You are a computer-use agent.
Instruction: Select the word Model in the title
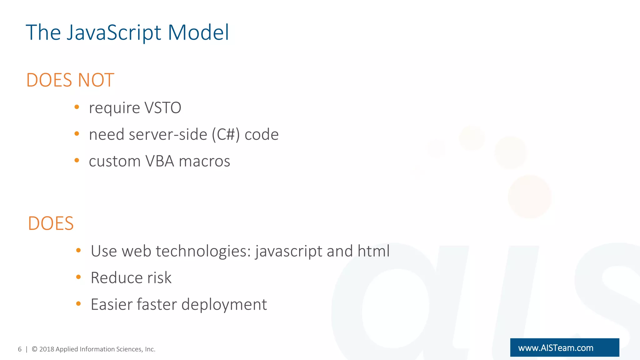[198, 32]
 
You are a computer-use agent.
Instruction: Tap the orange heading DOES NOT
[70, 80]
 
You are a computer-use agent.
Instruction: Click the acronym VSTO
[163, 108]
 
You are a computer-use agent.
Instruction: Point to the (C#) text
[226, 135]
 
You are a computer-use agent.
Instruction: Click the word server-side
[168, 135]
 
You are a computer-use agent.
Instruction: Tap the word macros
[204, 161]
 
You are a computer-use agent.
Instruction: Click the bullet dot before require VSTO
[77, 107]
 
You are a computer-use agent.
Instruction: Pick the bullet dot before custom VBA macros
[77, 161]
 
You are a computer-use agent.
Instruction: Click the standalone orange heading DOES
[51, 223]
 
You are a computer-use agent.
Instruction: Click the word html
[374, 251]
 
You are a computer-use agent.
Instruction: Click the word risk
[159, 277]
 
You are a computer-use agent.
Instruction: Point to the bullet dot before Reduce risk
[78, 277]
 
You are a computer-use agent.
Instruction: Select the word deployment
[224, 304]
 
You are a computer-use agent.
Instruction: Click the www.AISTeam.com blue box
[564, 347]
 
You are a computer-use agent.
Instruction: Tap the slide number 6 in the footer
[20, 349]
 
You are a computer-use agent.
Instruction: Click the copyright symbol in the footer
[35, 349]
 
